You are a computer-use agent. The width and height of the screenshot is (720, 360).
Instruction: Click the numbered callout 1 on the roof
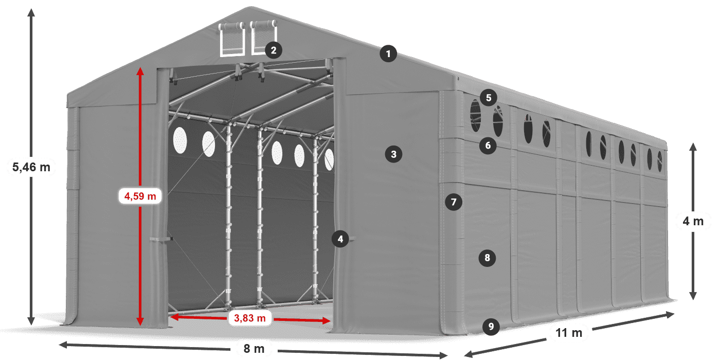tap(389, 53)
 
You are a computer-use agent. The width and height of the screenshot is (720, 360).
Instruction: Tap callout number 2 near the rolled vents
tap(273, 50)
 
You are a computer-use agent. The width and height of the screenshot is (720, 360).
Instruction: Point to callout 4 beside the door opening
tap(339, 239)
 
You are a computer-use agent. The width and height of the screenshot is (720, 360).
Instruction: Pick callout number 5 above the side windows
tap(488, 97)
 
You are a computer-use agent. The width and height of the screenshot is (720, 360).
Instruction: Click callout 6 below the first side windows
tap(488, 146)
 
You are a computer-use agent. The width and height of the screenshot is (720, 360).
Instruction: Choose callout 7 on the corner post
tap(453, 202)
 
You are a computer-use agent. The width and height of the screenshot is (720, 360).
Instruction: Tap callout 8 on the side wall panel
tap(488, 257)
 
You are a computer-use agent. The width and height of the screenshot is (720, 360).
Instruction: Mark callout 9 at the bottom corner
tap(491, 326)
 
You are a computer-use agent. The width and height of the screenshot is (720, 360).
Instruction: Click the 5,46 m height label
tap(31, 167)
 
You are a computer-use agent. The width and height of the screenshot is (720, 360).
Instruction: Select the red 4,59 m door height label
tap(140, 196)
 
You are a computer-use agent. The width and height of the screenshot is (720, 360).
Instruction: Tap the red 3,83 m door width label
tap(249, 318)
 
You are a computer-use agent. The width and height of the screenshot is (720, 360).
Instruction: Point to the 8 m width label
tap(254, 349)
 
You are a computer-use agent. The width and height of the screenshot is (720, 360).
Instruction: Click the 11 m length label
tap(569, 333)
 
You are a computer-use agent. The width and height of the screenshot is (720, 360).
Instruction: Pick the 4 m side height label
tap(693, 222)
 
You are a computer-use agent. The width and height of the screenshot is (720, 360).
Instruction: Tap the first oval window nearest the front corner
tap(476, 116)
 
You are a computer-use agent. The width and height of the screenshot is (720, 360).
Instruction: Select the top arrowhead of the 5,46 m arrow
tap(31, 11)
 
